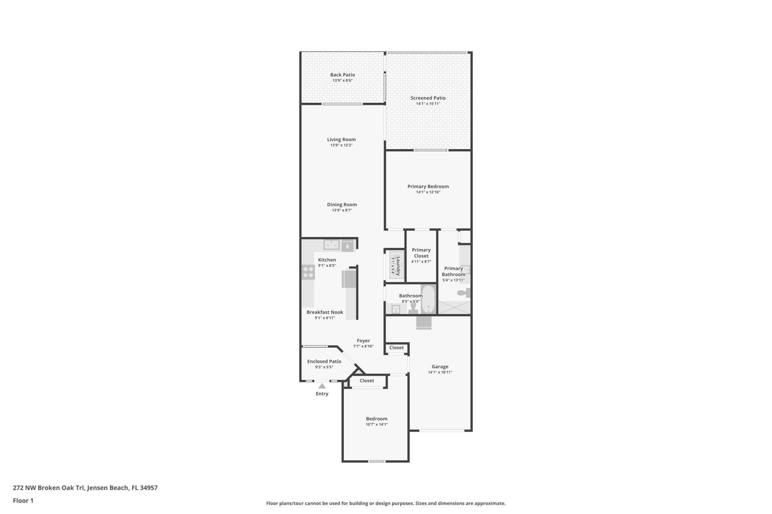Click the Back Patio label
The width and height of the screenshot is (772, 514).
(342, 75)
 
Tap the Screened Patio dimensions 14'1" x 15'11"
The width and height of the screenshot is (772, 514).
(428, 104)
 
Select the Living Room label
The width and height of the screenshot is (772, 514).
(341, 139)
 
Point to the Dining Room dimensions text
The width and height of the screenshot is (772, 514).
(341, 210)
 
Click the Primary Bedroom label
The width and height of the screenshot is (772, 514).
(428, 186)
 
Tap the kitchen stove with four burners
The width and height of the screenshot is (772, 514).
(308, 272)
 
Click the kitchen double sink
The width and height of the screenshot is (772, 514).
(332, 244)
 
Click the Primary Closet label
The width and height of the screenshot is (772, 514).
(421, 253)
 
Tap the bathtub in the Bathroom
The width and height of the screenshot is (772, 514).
(428, 299)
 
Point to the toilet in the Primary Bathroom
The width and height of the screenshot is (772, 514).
(464, 293)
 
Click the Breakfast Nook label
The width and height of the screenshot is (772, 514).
(324, 312)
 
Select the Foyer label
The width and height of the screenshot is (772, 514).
(363, 341)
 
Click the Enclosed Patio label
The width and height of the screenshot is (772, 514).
(324, 361)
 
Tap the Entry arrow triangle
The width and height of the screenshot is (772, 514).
(322, 386)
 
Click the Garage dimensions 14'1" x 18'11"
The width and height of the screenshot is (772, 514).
(440, 372)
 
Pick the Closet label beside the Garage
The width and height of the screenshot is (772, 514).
(396, 348)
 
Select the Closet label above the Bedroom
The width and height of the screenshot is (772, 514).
(366, 381)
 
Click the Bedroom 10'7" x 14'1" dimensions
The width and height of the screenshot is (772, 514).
(376, 424)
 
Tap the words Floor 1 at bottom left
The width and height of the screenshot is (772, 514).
(23, 500)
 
